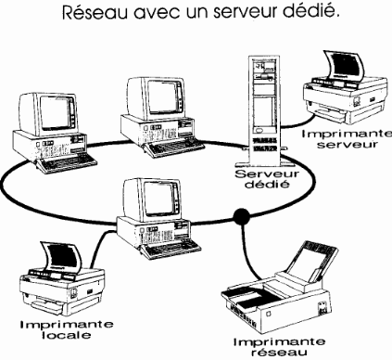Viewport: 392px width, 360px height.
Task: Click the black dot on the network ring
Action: (x=241, y=216)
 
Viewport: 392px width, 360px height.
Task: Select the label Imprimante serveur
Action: (x=347, y=139)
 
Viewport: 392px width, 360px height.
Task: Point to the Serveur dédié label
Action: (x=267, y=179)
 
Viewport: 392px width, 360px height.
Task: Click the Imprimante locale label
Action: (x=67, y=329)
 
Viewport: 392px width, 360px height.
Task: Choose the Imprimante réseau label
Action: (x=279, y=347)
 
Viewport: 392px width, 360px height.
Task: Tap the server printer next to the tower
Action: (x=345, y=88)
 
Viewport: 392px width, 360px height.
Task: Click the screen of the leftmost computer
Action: (x=56, y=113)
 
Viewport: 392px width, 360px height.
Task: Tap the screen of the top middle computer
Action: (x=163, y=97)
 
